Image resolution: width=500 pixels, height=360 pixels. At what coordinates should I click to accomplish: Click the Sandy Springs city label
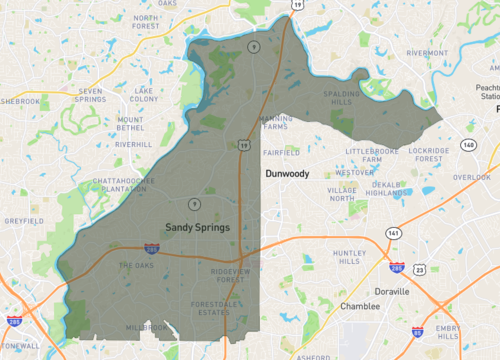point(197,227)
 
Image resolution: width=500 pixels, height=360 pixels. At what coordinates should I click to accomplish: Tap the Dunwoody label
point(287,174)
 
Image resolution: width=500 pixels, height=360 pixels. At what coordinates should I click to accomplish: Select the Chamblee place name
point(360,306)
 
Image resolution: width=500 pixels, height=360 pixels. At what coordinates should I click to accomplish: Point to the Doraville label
point(391,291)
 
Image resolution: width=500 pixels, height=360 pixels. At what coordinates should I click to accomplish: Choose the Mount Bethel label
point(131,124)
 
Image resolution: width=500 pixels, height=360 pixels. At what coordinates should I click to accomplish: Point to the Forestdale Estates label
point(218,308)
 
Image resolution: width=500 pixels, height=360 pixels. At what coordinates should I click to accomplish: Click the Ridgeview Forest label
point(235,275)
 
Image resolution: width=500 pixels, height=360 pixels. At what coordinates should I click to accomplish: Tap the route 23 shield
point(420,270)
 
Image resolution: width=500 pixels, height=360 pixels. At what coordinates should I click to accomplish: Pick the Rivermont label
point(427,53)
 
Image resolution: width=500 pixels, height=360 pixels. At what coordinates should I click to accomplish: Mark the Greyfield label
point(25,220)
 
